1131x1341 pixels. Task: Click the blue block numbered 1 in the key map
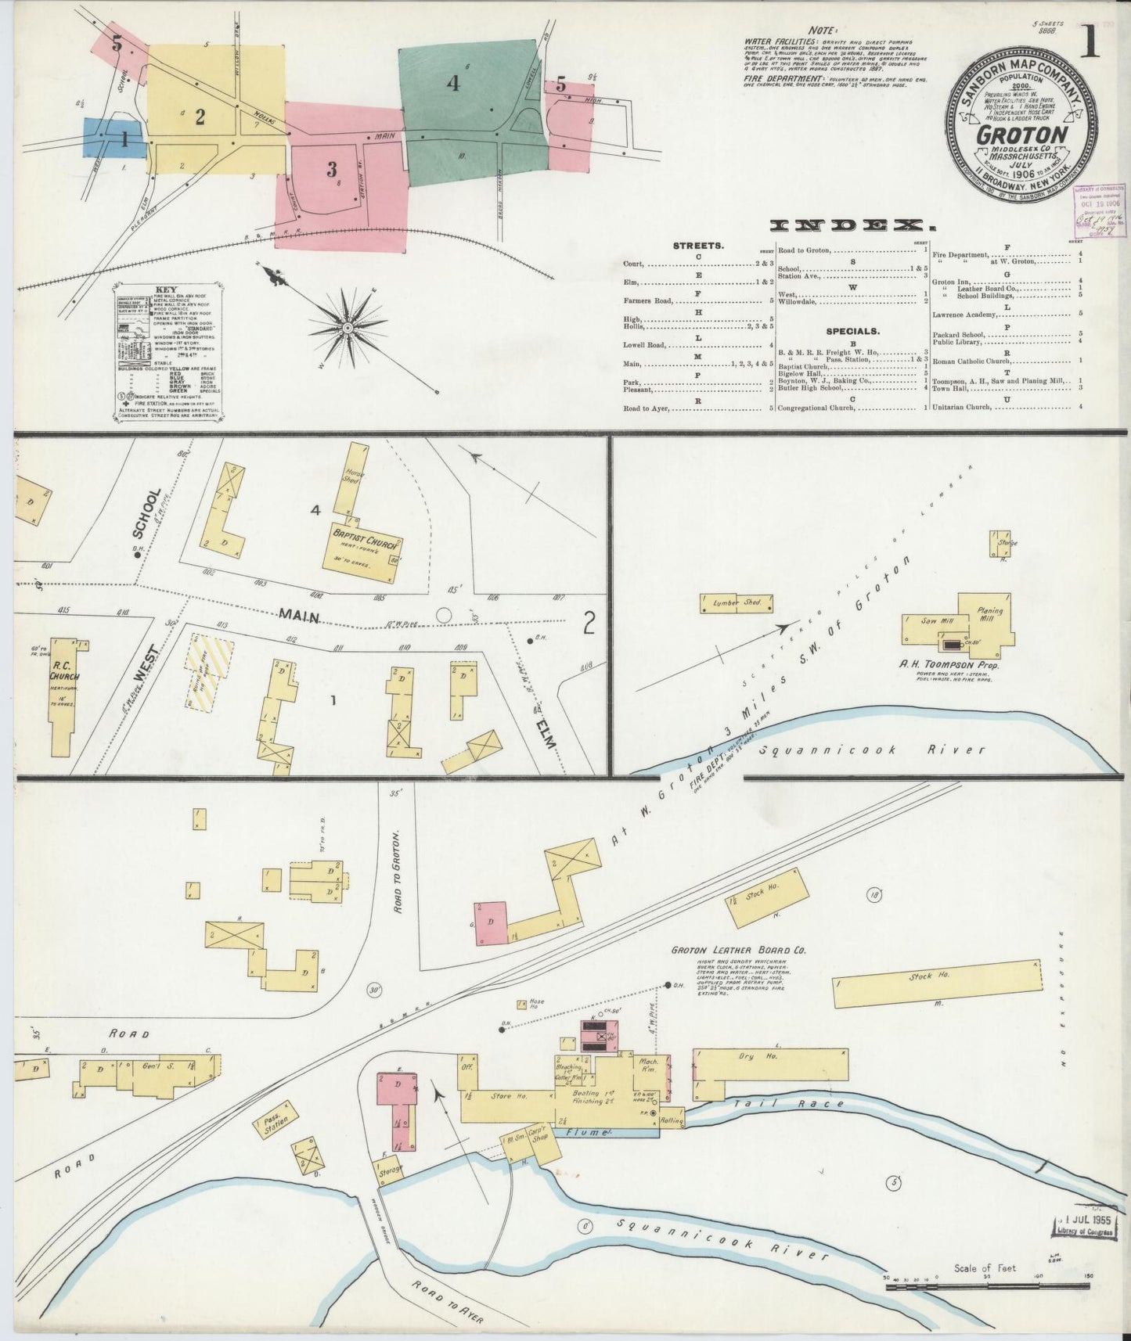pyautogui.click(x=114, y=139)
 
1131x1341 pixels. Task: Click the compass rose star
pyautogui.click(x=347, y=326)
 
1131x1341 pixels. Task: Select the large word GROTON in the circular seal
pyautogui.click(x=1022, y=134)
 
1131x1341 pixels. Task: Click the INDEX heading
pyautogui.click(x=852, y=226)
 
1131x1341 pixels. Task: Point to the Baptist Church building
pyautogui.click(x=362, y=554)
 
